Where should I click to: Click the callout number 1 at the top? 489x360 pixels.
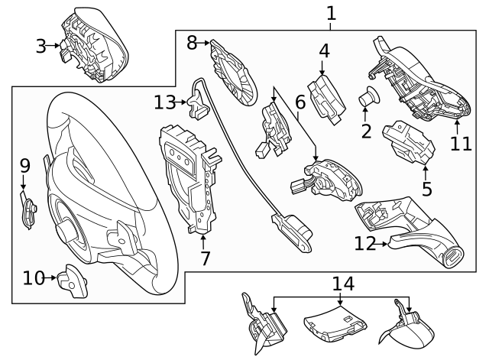[x=330, y=13]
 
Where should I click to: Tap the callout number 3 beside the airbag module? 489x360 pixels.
[x=41, y=46]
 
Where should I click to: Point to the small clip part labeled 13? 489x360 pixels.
[x=198, y=102]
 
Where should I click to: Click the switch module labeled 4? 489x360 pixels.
[x=326, y=96]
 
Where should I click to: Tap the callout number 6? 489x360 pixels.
[x=300, y=100]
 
